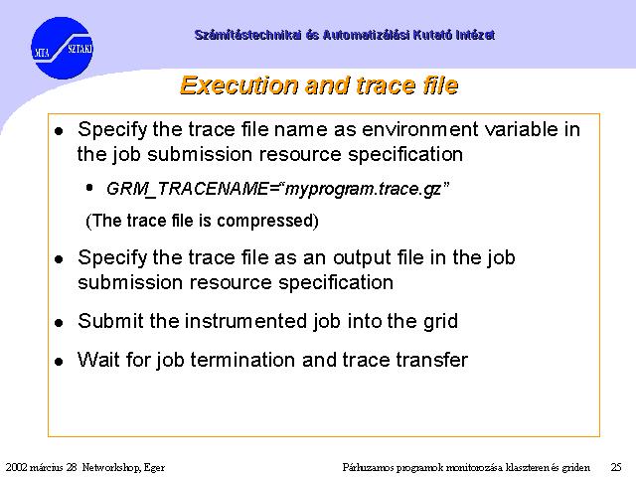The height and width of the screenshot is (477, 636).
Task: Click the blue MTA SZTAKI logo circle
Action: pos(62,48)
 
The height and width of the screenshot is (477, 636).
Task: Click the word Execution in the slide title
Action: pos(239,86)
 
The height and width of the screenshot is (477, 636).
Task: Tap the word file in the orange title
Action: pos(440,85)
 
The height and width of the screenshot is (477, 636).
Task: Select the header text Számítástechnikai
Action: pos(247,35)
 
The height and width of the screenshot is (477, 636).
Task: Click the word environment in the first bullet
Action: pos(419,130)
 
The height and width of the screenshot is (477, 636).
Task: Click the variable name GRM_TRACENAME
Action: pos(187,189)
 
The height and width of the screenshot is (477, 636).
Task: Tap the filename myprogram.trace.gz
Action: pos(363,190)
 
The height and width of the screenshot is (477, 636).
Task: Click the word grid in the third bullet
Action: pos(440,322)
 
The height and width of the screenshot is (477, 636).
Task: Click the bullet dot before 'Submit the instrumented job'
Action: pos(59,323)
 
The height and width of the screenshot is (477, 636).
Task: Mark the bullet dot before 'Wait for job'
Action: pos(59,362)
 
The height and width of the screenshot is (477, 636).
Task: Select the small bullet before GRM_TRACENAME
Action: pos(89,188)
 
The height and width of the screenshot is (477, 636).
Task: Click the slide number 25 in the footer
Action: pos(616,467)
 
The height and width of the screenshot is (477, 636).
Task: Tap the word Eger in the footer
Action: pos(154,468)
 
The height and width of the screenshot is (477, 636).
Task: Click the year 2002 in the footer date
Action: pos(17,467)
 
